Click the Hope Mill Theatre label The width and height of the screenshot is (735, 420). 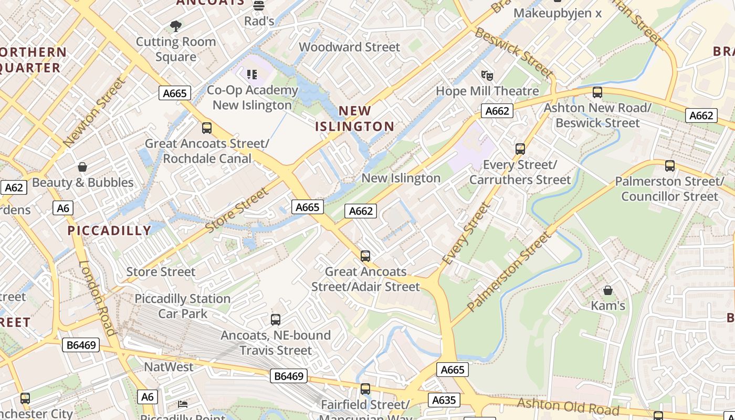tap(487, 91)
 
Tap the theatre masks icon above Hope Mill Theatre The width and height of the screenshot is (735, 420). tap(487, 76)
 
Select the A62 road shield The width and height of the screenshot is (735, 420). tap(14, 187)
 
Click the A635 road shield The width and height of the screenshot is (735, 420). tap(444, 400)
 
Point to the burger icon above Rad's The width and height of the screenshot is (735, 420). tap(258, 6)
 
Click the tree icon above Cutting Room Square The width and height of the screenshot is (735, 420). tap(176, 26)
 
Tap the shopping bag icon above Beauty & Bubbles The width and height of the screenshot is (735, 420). tap(82, 167)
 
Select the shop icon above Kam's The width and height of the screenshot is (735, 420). tap(608, 290)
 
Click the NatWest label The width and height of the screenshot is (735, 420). tap(169, 367)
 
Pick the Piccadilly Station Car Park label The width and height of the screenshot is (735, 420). tap(183, 306)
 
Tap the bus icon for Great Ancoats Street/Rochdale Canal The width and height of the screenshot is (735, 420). tap(207, 128)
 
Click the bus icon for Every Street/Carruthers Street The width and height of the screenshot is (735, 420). tap(520, 149)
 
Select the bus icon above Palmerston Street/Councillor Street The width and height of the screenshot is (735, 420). tap(669, 166)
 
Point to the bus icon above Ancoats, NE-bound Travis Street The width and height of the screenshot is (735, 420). tap(276, 319)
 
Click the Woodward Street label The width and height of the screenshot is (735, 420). tap(349, 47)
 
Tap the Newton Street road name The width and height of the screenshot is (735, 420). tap(94, 112)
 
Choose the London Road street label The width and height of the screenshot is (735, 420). tap(97, 298)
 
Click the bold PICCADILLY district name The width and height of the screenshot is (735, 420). tap(109, 230)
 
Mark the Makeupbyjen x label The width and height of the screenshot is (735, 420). tap(558, 13)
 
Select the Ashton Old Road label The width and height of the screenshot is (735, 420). tap(568, 406)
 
